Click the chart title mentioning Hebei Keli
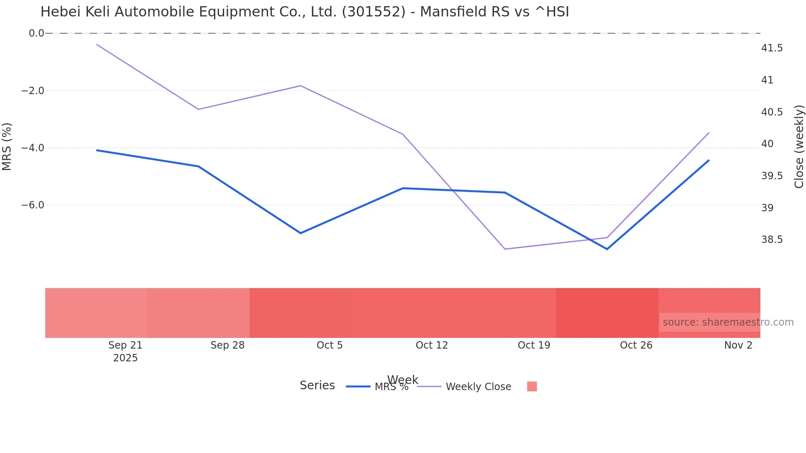click(304, 12)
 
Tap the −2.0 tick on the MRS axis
click(33, 91)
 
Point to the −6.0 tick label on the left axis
click(33, 205)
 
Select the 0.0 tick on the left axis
click(36, 33)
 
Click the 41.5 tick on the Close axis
click(772, 48)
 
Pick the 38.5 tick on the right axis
click(772, 240)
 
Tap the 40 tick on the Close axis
click(767, 144)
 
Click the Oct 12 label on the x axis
click(431, 345)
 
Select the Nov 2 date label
click(738, 345)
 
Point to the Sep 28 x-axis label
click(227, 345)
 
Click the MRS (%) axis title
click(7, 147)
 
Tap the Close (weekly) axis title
click(799, 147)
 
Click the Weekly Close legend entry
click(478, 387)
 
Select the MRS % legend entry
click(391, 387)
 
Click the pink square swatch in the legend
click(532, 386)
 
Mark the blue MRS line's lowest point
click(607, 249)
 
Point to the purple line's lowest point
click(505, 249)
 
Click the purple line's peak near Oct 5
click(301, 86)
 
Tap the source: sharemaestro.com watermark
click(728, 322)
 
